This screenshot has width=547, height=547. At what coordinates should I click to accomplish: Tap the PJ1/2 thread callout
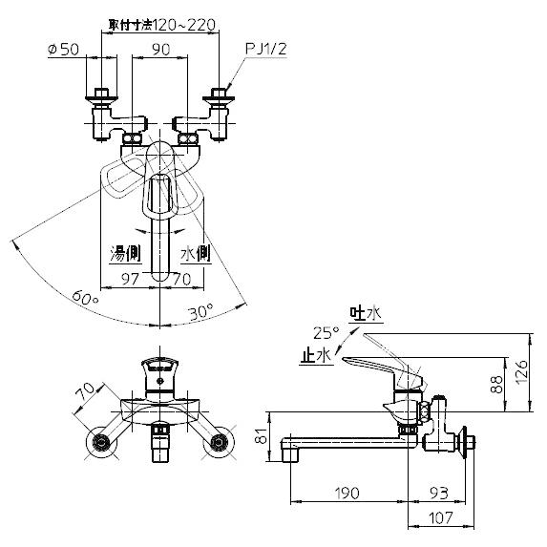(266, 46)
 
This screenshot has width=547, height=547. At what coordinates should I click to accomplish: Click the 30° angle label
(200, 311)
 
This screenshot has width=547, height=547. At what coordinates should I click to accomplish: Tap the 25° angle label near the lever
(326, 332)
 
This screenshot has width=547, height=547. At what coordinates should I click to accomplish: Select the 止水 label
(314, 353)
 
